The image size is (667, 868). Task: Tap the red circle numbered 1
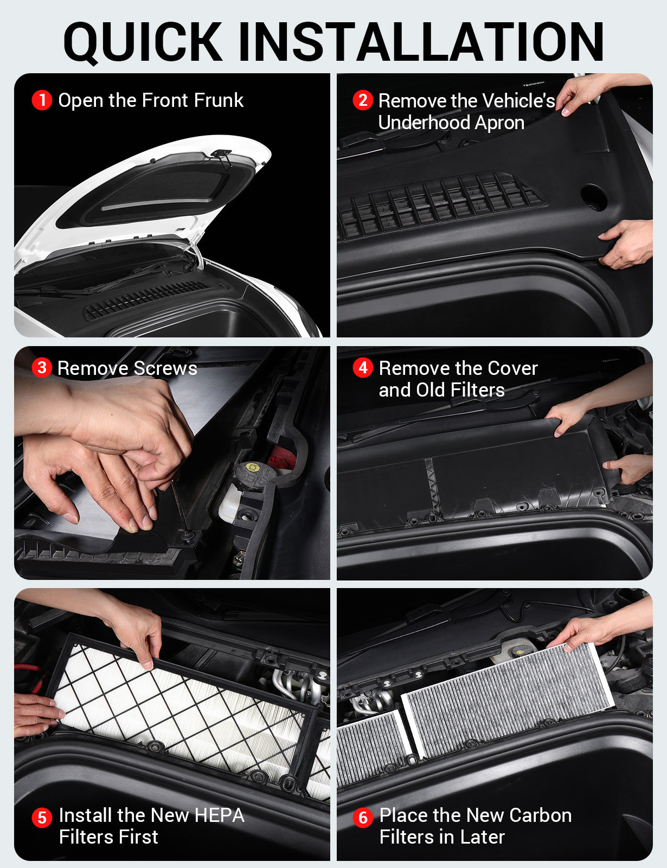coord(42,100)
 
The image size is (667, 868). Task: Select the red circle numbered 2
coord(363,100)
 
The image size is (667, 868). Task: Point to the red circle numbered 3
coord(42,368)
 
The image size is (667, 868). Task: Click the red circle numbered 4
coord(363,368)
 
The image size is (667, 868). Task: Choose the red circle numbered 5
coord(42,818)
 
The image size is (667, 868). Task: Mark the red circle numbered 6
coord(363,818)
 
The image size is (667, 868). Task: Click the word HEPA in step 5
coord(219,815)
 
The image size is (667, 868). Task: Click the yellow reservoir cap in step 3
coord(252,467)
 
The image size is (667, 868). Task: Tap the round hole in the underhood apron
coord(593,196)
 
